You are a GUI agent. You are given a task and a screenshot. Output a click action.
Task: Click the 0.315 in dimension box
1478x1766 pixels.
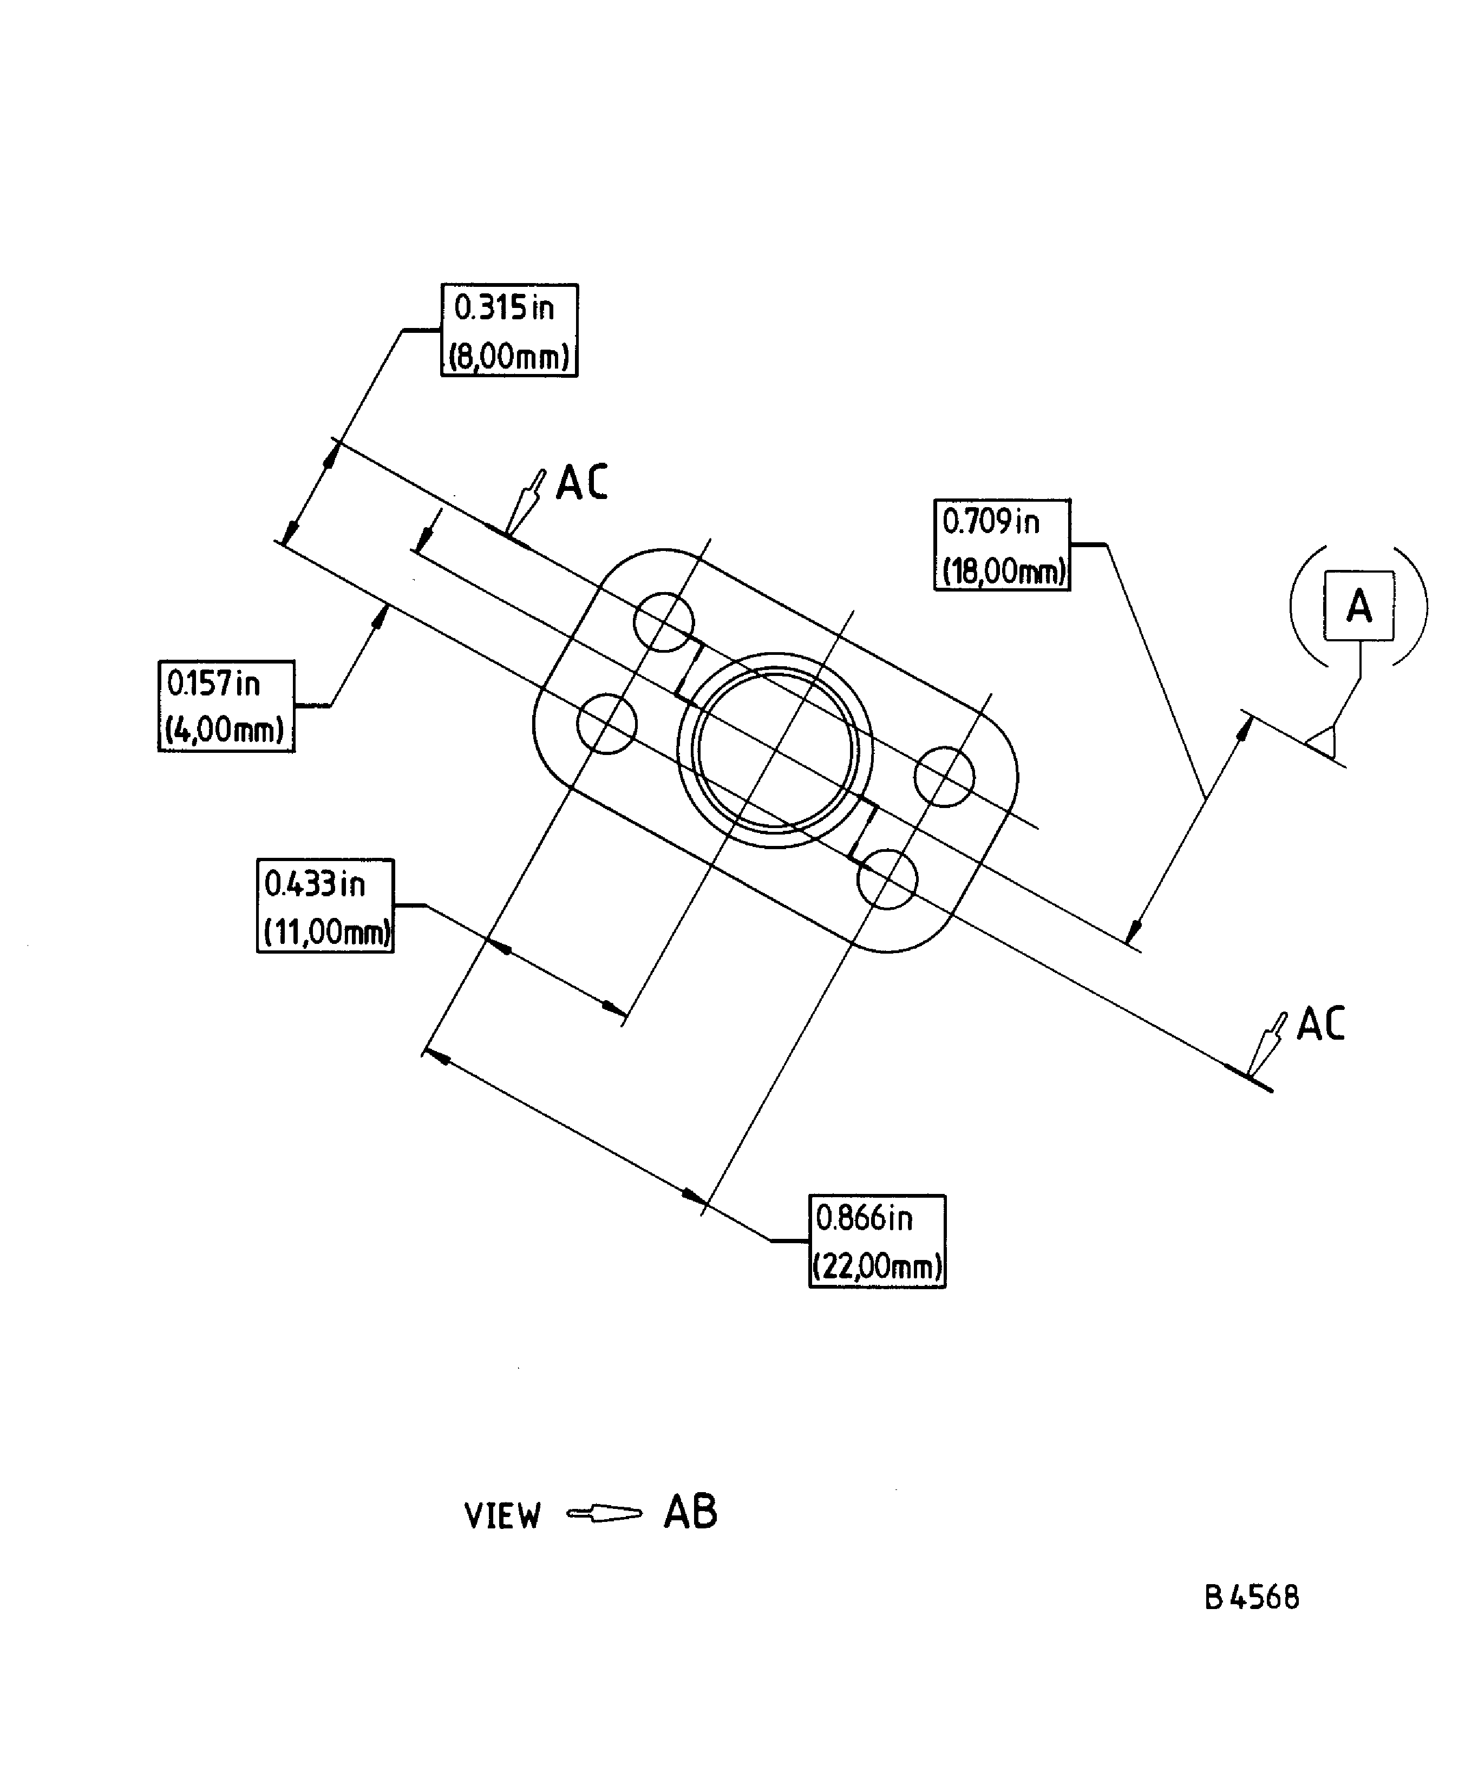[509, 331]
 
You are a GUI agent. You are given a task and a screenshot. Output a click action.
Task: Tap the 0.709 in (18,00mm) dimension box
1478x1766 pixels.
[1002, 545]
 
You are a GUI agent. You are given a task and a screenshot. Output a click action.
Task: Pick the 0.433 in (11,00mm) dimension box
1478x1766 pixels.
[325, 905]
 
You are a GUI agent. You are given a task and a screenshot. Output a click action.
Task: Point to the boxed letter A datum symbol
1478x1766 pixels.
[1358, 606]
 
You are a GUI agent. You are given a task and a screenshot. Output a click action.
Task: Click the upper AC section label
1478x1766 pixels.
[582, 483]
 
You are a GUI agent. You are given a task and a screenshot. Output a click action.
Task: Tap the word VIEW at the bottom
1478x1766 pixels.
[502, 1515]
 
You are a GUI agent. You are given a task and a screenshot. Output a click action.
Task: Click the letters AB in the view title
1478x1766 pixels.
[690, 1512]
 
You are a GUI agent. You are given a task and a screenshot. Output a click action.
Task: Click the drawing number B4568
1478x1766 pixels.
[1252, 1598]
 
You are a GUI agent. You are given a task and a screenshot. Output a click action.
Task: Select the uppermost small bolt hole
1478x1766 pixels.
[664, 622]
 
